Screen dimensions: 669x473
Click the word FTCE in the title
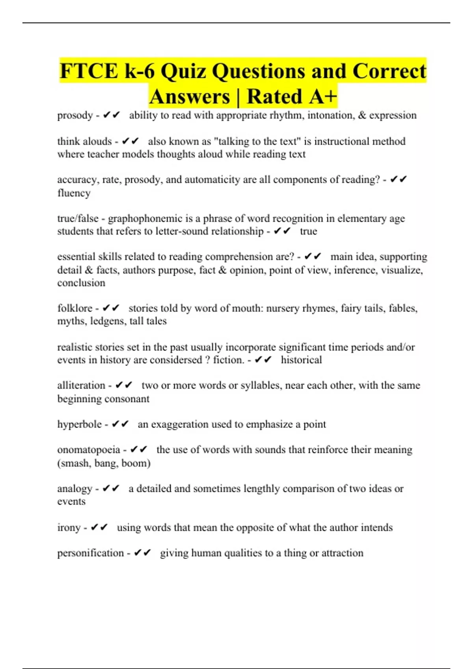pyautogui.click(x=89, y=71)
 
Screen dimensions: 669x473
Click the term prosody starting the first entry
pyautogui.click(x=75, y=115)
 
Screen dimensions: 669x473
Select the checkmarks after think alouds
pyautogui.click(x=130, y=141)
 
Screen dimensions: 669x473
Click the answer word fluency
pyautogui.click(x=74, y=193)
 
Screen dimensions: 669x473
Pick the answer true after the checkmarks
pyautogui.click(x=308, y=231)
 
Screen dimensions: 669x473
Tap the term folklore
pyautogui.click(x=74, y=308)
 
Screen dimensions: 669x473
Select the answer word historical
pyautogui.click(x=301, y=360)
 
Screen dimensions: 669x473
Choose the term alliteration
pyautogui.click(x=81, y=385)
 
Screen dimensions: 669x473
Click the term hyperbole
pyautogui.click(x=79, y=424)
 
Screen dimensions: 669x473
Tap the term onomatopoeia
pyautogui.click(x=88, y=450)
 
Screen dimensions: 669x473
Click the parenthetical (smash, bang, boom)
pyautogui.click(x=104, y=463)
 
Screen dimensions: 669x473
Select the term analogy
pyautogui.click(x=74, y=489)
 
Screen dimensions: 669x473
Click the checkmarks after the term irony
pyautogui.click(x=99, y=527)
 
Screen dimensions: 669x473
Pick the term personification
pyautogui.click(x=90, y=553)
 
